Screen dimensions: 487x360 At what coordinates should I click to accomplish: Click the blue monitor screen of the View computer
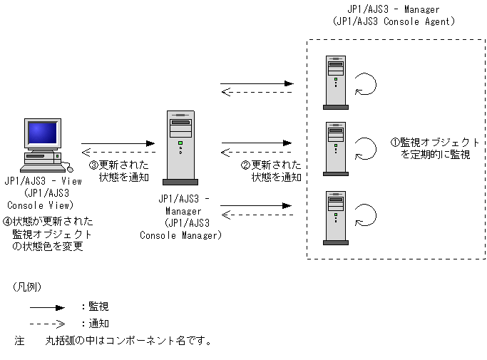pyautogui.click(x=43, y=133)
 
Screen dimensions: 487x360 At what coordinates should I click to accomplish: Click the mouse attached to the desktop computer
pyautogui.click(x=70, y=169)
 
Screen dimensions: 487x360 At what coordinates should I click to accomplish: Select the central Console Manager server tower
pyautogui.click(x=180, y=148)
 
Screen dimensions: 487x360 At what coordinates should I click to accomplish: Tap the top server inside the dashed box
pyautogui.click(x=336, y=83)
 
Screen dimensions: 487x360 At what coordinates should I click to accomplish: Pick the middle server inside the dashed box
pyautogui.click(x=336, y=149)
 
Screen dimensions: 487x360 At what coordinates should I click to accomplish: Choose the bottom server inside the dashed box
pyautogui.click(x=336, y=218)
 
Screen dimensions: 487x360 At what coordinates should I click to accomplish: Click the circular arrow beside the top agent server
pyautogui.click(x=366, y=84)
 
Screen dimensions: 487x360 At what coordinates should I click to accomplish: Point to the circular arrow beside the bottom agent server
pyautogui.click(x=366, y=215)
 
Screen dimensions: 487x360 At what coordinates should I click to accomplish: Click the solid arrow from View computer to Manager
pyautogui.click(x=118, y=143)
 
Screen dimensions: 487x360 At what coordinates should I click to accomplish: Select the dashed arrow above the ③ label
pyautogui.click(x=118, y=153)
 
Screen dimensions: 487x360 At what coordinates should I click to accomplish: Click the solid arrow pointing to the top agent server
pyautogui.click(x=257, y=83)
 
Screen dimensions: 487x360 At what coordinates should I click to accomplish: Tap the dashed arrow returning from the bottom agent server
pyautogui.click(x=257, y=215)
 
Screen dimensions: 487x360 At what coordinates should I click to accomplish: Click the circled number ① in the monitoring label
pyautogui.click(x=395, y=143)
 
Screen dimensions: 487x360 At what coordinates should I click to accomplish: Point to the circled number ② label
pyautogui.click(x=245, y=165)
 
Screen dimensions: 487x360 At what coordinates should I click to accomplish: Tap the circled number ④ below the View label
pyautogui.click(x=7, y=222)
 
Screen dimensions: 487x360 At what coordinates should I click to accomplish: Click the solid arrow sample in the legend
pyautogui.click(x=47, y=308)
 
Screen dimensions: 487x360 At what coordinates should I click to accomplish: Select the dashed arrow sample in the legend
pyautogui.click(x=47, y=324)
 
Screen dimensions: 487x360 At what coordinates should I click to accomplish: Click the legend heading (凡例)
pyautogui.click(x=27, y=287)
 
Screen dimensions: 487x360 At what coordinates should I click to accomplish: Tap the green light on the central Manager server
pyautogui.click(x=180, y=143)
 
